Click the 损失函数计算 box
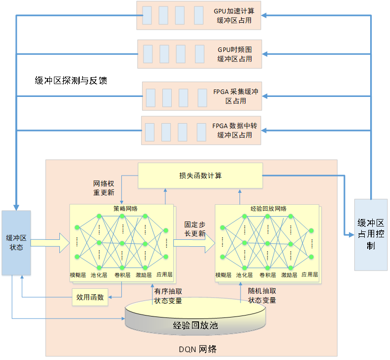tap(200, 176)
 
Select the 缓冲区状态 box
tap(16, 243)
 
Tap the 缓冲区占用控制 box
tap(371, 234)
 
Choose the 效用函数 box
tap(90, 297)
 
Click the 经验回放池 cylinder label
tap(195, 325)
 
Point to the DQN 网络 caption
tap(198, 349)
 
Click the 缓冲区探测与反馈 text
tap(71, 81)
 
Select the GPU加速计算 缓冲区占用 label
tap(234, 15)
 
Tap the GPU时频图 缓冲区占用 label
tap(235, 54)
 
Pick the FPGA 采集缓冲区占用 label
tap(236, 96)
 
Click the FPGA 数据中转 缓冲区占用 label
tap(235, 131)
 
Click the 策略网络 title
tap(125, 209)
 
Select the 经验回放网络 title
tap(268, 209)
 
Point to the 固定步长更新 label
tap(195, 229)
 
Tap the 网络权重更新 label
tap(104, 188)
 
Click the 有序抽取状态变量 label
tap(168, 296)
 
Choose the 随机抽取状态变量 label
tap(262, 296)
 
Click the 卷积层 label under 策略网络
tap(122, 275)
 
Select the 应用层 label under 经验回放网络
tap(310, 274)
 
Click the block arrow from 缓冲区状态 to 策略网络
tap(50, 243)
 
